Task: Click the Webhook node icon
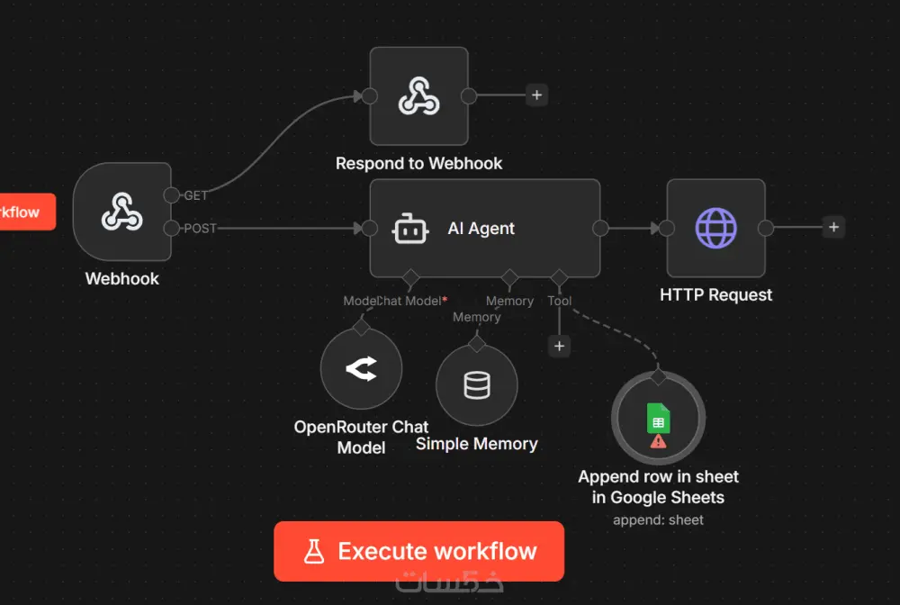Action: [121, 212]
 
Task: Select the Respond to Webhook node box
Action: [418, 95]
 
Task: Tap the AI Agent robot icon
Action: [409, 229]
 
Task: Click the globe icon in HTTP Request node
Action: [715, 228]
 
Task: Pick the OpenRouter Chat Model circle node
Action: [361, 368]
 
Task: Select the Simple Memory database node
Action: [476, 385]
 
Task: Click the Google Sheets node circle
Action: [658, 420]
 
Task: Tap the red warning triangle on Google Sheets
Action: [658, 441]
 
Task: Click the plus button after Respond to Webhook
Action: [536, 95]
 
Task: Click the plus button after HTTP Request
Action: [833, 228]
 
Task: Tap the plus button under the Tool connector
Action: [559, 346]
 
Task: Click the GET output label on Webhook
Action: [195, 195]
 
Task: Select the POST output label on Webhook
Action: [200, 229]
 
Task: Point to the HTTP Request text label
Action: [715, 294]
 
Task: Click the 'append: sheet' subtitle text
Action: [658, 519]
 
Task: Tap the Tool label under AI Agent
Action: [559, 301]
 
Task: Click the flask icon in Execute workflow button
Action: [313, 551]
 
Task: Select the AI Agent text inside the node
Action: [481, 229]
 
